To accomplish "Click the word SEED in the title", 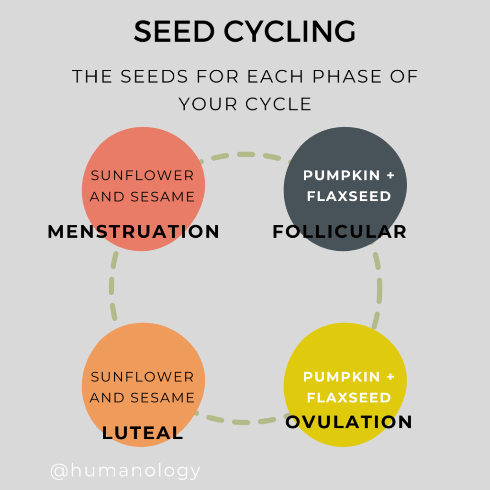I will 173,32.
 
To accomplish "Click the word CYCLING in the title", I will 290,32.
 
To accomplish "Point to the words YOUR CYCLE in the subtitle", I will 245,104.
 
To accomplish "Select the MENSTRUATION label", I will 134,232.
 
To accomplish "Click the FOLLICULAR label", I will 339,232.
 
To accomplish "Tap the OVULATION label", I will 349,422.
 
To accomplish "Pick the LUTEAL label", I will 143,433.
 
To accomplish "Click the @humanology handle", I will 125,471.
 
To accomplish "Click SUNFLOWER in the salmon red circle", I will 143,176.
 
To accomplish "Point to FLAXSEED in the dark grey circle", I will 349,196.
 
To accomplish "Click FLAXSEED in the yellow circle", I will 349,398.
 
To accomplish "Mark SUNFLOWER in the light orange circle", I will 143,377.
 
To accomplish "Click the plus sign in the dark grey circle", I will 390,176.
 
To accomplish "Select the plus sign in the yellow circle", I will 390,377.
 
